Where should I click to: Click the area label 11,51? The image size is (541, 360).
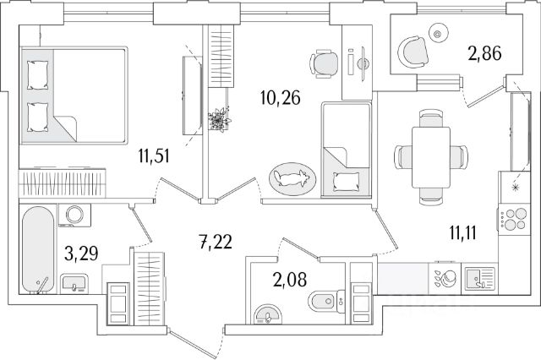(157, 155)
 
